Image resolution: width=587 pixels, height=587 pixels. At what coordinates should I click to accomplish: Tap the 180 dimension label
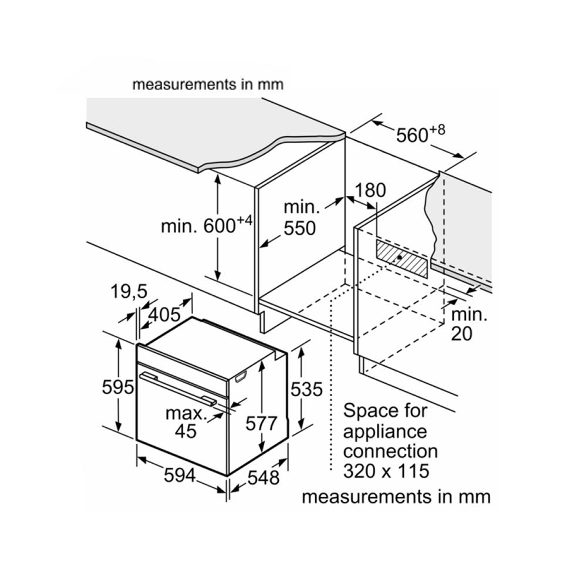[x=371, y=190]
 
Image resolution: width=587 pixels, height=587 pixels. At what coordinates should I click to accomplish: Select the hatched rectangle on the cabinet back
[x=402, y=258]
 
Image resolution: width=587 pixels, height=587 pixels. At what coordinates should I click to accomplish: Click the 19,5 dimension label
[x=128, y=292]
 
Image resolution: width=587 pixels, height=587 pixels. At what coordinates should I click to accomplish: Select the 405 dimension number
[x=164, y=315]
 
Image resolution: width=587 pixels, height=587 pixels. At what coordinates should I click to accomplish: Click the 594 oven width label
[x=179, y=475]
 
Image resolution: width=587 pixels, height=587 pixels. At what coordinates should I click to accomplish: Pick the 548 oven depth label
[x=263, y=478]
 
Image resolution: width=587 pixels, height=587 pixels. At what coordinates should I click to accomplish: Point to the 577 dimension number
[x=261, y=424]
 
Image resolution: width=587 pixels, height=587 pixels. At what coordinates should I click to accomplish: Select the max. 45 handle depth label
[x=186, y=422]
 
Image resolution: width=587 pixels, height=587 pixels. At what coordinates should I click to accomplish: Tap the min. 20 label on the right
[x=469, y=323]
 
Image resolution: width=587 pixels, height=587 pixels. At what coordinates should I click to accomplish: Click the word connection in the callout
[x=390, y=451]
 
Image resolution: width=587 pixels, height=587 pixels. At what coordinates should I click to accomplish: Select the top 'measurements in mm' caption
[x=208, y=84]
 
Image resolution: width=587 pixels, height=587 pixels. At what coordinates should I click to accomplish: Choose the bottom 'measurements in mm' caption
[x=396, y=497]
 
